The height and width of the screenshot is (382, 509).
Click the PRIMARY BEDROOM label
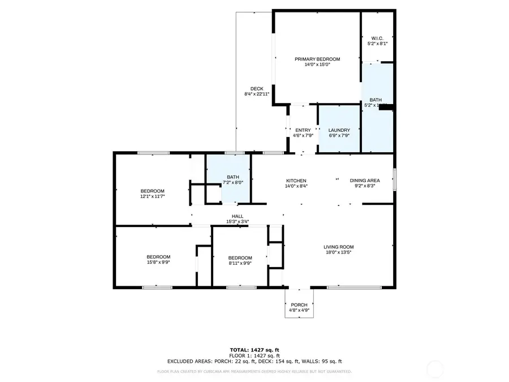[317, 59]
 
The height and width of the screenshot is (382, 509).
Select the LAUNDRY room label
[339, 130]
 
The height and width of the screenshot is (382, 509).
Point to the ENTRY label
[303, 130]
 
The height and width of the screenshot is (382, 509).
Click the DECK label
[257, 88]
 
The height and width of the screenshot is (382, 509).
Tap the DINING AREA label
[364, 180]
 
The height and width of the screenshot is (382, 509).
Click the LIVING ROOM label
[338, 247]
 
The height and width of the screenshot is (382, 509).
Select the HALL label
[238, 216]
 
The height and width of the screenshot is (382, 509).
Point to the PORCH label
[299, 305]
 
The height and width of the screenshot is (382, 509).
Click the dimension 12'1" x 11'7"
[152, 196]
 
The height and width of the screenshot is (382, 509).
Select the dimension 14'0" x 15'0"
[317, 65]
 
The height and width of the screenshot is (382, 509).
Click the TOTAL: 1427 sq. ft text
[254, 350]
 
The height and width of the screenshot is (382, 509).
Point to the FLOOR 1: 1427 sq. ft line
[254, 355]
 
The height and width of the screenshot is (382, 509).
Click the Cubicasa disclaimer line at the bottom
[254, 372]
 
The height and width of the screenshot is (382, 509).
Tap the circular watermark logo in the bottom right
[436, 370]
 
